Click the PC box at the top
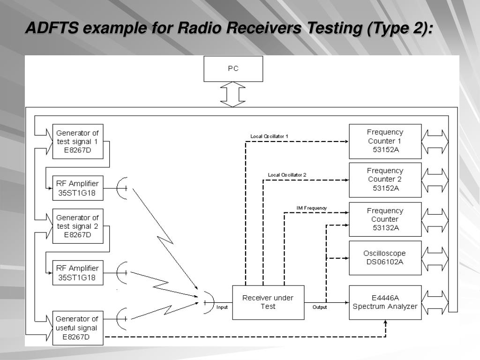point(233,69)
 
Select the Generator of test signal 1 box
point(78,142)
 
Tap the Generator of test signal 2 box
point(78,226)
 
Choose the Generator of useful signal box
point(78,328)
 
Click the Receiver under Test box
point(268,302)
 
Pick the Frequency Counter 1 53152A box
point(385,142)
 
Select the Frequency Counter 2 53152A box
point(385,180)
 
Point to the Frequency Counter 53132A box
point(385,219)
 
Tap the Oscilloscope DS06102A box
point(385,258)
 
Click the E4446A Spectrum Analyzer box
point(385,302)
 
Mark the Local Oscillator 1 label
point(269,136)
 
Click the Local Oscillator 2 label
point(287,175)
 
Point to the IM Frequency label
point(312,208)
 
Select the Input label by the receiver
point(222,307)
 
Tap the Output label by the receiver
point(320,307)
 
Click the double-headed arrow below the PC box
point(233,94)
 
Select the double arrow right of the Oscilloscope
point(435,259)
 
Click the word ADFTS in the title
point(52,28)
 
